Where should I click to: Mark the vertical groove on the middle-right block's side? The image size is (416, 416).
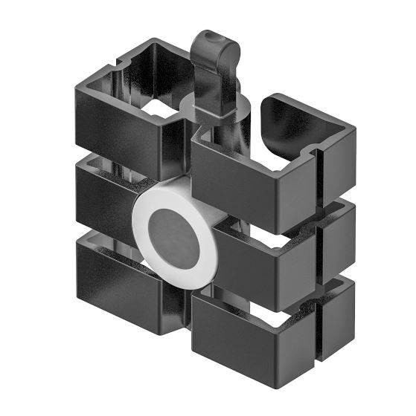click(321, 253)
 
